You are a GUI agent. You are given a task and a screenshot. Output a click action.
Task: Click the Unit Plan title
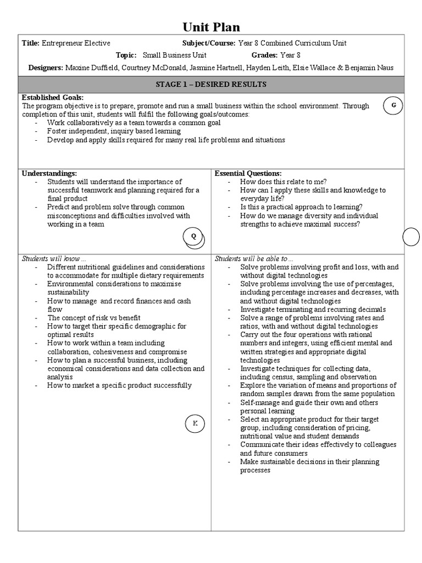click(211, 27)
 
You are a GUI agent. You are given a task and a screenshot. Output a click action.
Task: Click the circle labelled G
click(393, 106)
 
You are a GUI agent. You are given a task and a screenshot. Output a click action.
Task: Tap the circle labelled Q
click(193, 236)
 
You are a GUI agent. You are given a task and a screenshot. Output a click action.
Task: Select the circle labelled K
click(194, 423)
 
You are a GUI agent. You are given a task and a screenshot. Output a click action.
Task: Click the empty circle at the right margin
click(412, 237)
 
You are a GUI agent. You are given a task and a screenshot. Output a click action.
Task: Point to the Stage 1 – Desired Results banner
click(211, 84)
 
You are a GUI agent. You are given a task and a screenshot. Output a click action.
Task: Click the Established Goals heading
click(53, 98)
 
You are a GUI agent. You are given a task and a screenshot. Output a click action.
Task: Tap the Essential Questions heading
click(248, 173)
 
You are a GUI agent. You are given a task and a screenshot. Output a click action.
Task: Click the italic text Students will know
click(54, 258)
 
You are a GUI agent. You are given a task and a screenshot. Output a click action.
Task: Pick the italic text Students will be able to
click(254, 258)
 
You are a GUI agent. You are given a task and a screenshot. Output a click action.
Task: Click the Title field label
click(30, 43)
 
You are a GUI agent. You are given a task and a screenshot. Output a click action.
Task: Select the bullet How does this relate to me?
click(284, 181)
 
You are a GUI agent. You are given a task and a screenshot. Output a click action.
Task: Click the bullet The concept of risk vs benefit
click(93, 318)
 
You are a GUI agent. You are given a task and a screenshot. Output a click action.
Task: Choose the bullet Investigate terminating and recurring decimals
click(313, 310)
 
